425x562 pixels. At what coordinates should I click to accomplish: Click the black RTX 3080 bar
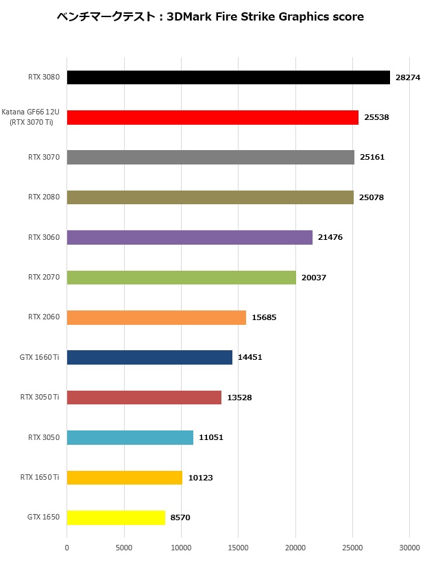pyautogui.click(x=228, y=77)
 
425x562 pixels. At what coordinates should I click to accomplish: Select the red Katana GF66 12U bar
pyautogui.click(x=212, y=117)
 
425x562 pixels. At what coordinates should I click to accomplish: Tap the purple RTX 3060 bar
pyautogui.click(x=189, y=237)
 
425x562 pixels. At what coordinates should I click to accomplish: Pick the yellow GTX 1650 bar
pyautogui.click(x=116, y=517)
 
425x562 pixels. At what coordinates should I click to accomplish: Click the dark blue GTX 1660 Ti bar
pyautogui.click(x=149, y=357)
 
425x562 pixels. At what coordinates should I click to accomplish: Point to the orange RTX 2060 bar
pyautogui.click(x=156, y=317)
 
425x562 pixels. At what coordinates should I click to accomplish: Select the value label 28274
pyautogui.click(x=408, y=77)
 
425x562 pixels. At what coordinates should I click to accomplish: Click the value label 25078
pyautogui.click(x=372, y=197)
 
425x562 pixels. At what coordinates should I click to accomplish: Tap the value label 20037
pyautogui.click(x=314, y=278)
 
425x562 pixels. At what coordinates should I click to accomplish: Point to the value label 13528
pyautogui.click(x=239, y=398)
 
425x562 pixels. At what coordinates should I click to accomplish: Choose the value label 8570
pyautogui.click(x=180, y=517)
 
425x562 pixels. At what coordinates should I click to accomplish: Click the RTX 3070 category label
pyautogui.click(x=44, y=157)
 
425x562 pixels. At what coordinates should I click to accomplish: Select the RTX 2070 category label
pyautogui.click(x=44, y=278)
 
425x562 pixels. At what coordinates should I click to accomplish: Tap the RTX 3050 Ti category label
pyautogui.click(x=40, y=398)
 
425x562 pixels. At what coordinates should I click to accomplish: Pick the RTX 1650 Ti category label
pyautogui.click(x=40, y=478)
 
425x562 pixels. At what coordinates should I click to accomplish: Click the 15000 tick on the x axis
pyautogui.click(x=238, y=548)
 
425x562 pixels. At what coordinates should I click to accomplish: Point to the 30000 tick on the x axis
pyautogui.click(x=409, y=548)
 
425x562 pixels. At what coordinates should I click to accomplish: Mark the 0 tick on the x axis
pyautogui.click(x=67, y=548)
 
